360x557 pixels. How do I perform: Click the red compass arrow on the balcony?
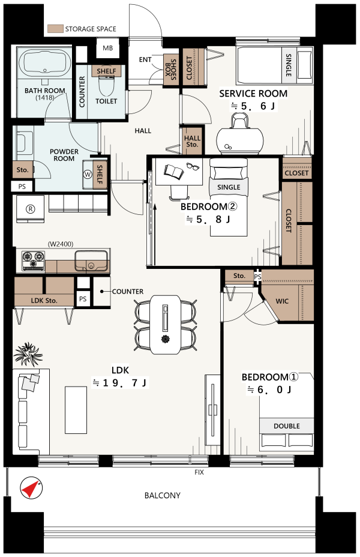(x=31, y=489)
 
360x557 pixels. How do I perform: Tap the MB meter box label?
(x=107, y=48)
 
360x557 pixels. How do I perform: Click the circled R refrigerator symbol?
(x=31, y=209)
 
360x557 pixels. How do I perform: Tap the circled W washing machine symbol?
(x=88, y=175)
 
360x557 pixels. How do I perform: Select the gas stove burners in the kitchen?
(x=34, y=260)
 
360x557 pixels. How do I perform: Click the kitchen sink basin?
(x=91, y=260)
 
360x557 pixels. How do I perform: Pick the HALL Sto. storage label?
(x=192, y=141)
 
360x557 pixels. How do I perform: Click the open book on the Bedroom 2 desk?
(x=174, y=172)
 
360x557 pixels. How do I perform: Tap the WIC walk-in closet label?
(x=282, y=301)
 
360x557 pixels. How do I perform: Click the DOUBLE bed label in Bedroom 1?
(x=287, y=426)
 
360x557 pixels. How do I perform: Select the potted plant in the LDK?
(x=28, y=354)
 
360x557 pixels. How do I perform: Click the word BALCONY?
(x=162, y=495)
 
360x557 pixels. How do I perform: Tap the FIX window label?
(x=199, y=472)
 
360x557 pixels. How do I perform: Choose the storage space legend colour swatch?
(x=55, y=29)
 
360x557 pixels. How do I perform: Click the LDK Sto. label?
(x=44, y=301)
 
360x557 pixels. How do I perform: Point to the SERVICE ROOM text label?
(x=253, y=94)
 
